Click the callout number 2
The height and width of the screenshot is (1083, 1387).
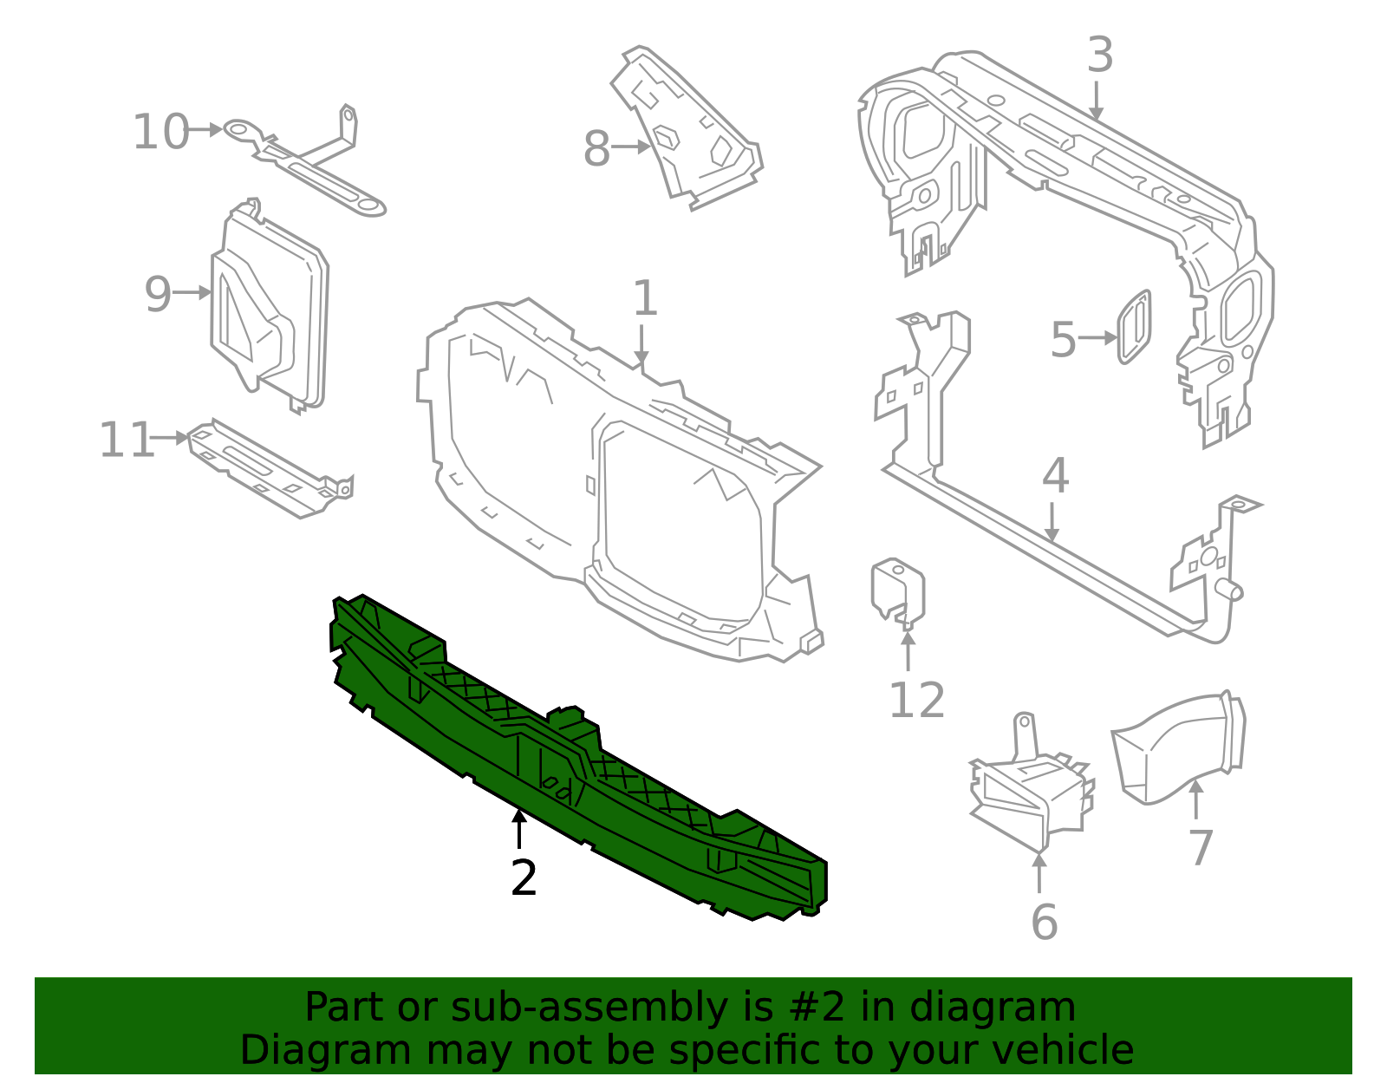point(524,878)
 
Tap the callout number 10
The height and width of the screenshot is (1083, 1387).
point(160,133)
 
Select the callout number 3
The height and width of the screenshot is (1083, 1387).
point(1099,55)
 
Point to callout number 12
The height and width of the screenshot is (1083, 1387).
point(916,701)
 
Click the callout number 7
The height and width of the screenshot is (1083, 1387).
point(1201,847)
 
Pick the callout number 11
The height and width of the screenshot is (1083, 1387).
point(126,440)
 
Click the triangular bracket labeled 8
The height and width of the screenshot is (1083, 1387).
point(689,130)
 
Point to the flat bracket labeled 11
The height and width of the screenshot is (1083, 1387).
point(269,468)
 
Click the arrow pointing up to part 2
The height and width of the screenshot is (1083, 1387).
point(518,828)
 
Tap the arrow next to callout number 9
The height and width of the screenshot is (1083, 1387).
point(192,293)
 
